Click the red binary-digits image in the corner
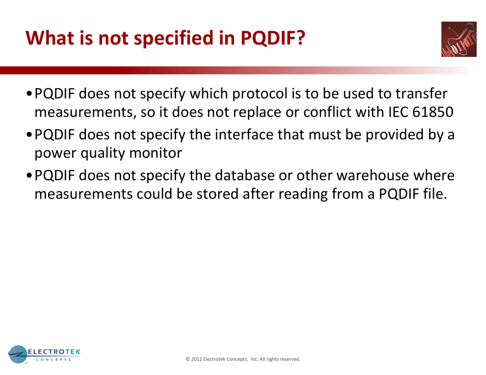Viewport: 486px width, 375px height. coord(459,39)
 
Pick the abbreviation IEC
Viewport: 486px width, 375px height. coord(398,112)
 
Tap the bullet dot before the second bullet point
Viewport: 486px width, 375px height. coord(29,135)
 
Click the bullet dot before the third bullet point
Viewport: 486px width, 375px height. coord(29,176)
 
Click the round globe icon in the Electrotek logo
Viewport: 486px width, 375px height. coord(18,354)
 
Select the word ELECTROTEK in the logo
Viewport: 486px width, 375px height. coord(54,352)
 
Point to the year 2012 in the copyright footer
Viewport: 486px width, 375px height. coord(196,359)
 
